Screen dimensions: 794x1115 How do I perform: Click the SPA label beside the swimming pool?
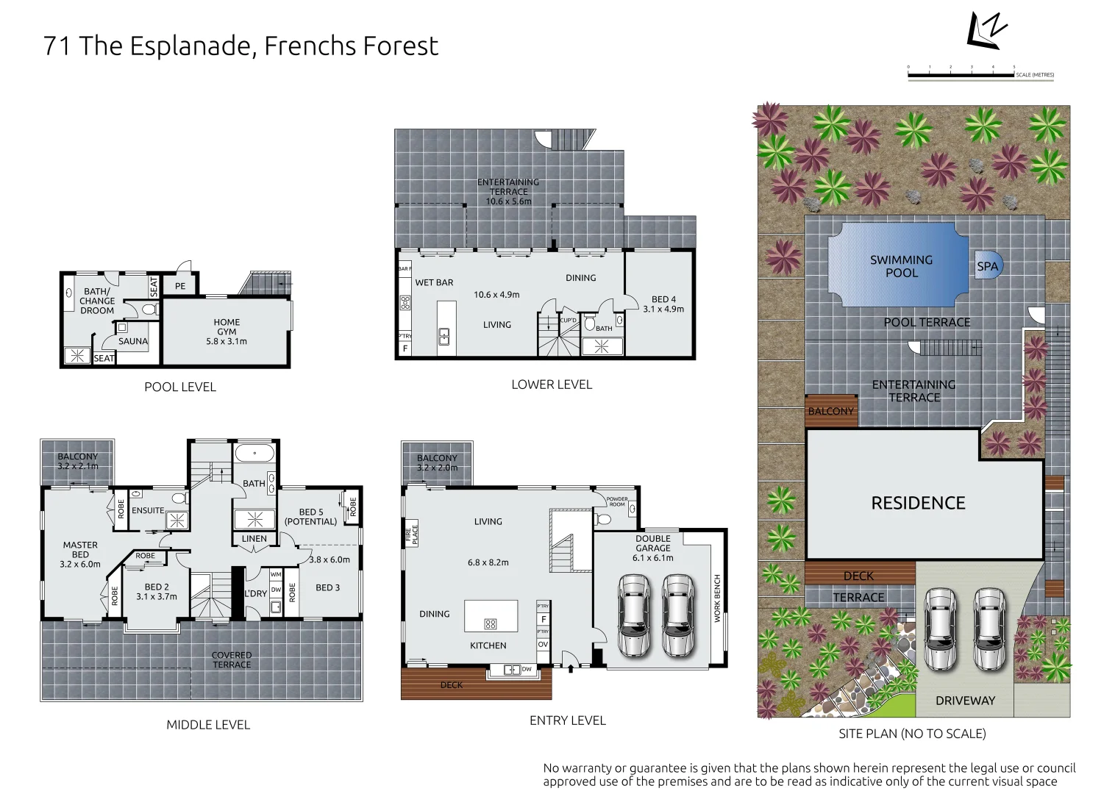click(x=987, y=267)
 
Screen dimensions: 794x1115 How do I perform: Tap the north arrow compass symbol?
click(x=986, y=31)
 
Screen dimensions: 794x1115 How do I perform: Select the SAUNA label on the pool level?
click(x=133, y=341)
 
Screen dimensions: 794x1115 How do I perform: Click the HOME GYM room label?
click(x=227, y=332)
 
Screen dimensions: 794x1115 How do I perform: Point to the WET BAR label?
click(x=434, y=282)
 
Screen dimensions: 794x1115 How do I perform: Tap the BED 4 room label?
click(x=663, y=304)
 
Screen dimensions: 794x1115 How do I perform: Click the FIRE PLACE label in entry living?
click(x=411, y=534)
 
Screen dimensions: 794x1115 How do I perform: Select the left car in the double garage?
click(x=633, y=615)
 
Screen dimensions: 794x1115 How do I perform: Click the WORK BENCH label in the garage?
click(x=718, y=598)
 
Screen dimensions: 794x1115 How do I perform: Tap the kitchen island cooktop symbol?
click(x=491, y=624)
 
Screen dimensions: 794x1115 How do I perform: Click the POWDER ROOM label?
click(x=617, y=501)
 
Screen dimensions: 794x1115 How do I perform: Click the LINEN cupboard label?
click(x=254, y=539)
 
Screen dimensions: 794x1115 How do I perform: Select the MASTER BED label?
click(x=80, y=554)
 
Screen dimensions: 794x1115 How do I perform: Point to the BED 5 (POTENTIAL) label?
click(x=310, y=517)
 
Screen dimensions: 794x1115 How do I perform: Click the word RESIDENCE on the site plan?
click(x=918, y=503)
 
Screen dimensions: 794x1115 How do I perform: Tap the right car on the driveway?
click(x=988, y=629)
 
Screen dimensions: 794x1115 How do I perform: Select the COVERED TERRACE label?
click(x=232, y=659)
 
